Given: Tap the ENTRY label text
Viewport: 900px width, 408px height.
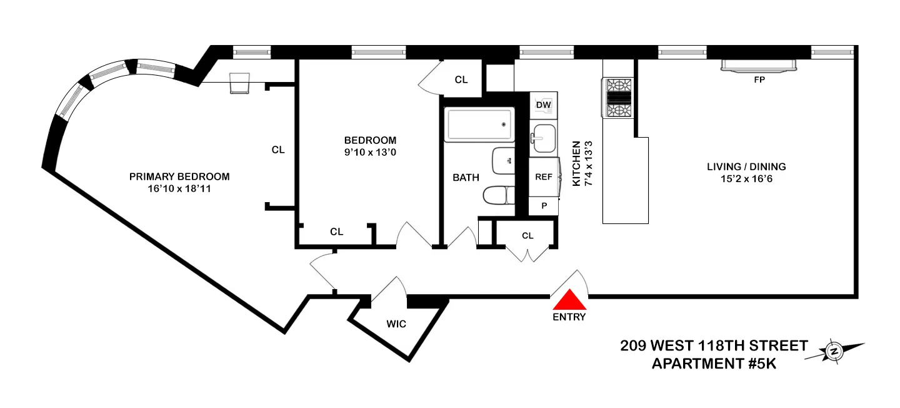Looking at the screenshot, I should (569, 317).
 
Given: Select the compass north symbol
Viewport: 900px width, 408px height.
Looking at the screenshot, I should (834, 352).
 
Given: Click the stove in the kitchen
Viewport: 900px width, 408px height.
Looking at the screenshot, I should (617, 98).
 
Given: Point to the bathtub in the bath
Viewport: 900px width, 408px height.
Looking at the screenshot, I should (479, 125).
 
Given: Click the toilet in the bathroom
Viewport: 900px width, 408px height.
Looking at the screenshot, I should (497, 195).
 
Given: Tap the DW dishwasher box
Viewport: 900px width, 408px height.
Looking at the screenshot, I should (543, 105).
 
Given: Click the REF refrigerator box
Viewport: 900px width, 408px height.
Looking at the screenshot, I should (544, 176).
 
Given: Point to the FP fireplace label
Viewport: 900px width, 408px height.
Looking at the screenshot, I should (759, 79).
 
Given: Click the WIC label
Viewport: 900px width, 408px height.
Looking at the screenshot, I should (396, 324).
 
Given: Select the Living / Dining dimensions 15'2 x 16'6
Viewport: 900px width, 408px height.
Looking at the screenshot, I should (746, 179).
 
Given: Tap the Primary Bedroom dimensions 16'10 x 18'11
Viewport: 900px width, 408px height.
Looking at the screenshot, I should (179, 189).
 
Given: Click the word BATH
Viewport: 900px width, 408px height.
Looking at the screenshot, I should (466, 177).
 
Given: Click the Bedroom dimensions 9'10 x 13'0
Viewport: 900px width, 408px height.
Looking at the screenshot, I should (370, 152).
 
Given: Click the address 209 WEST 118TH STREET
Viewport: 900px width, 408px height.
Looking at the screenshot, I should (714, 345).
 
